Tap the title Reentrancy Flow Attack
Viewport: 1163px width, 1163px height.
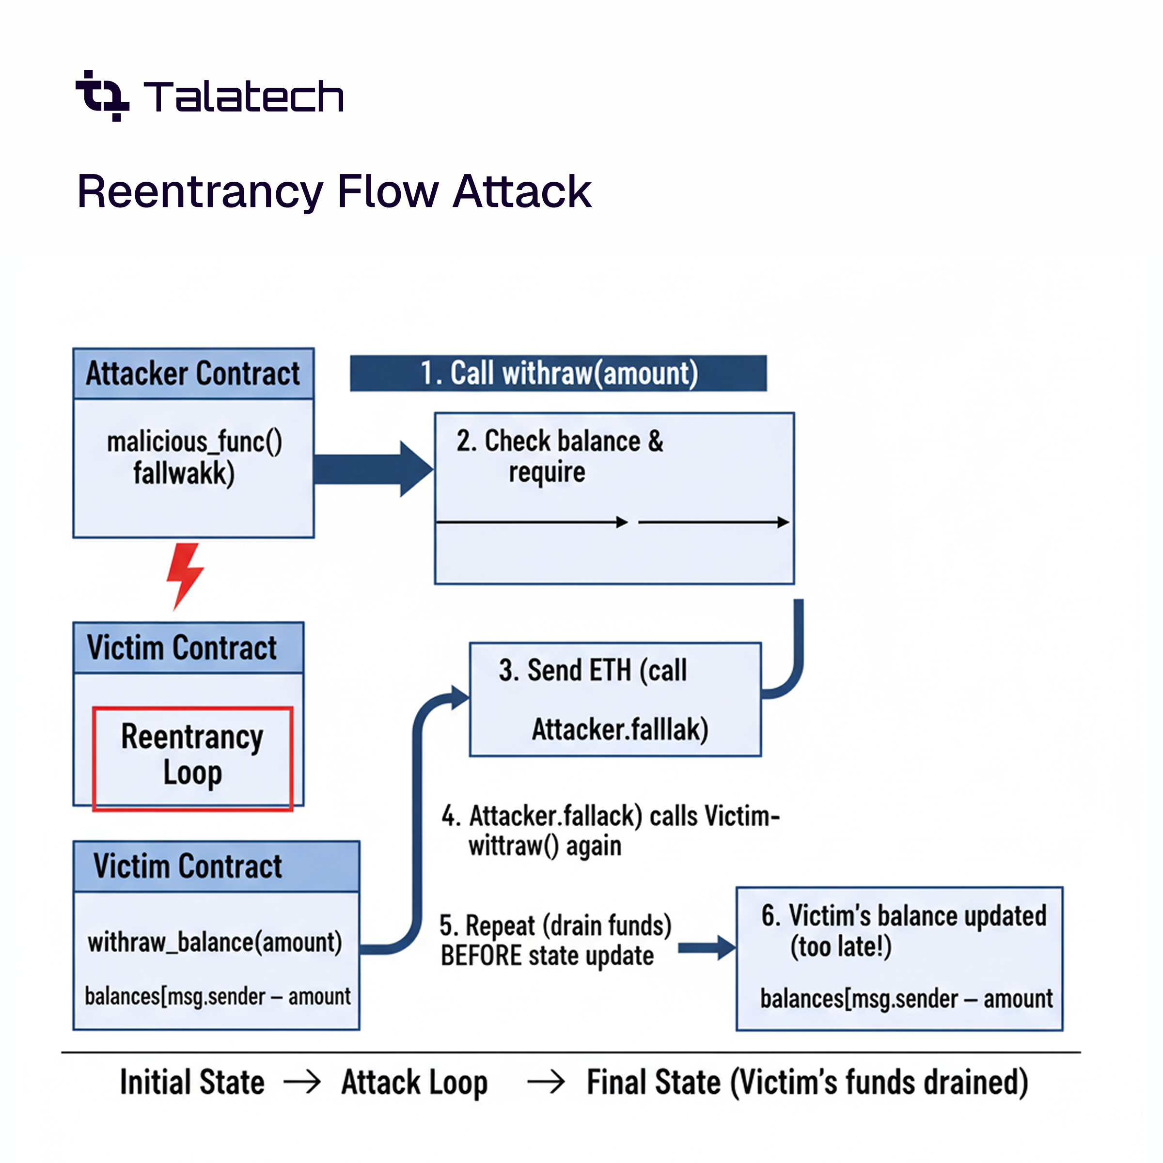(x=334, y=191)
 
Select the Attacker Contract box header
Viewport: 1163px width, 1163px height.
(x=193, y=373)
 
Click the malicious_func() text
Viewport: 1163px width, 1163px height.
(x=194, y=442)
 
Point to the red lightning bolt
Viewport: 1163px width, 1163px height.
(x=184, y=574)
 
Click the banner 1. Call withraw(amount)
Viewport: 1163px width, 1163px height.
(x=558, y=373)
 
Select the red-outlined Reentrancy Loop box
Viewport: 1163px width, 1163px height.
(x=193, y=758)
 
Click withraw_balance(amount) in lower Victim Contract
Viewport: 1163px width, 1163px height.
(x=215, y=942)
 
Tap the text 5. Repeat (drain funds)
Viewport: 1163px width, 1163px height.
(x=555, y=925)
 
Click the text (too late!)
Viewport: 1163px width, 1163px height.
(x=840, y=946)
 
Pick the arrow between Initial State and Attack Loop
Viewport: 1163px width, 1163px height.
(x=302, y=1083)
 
